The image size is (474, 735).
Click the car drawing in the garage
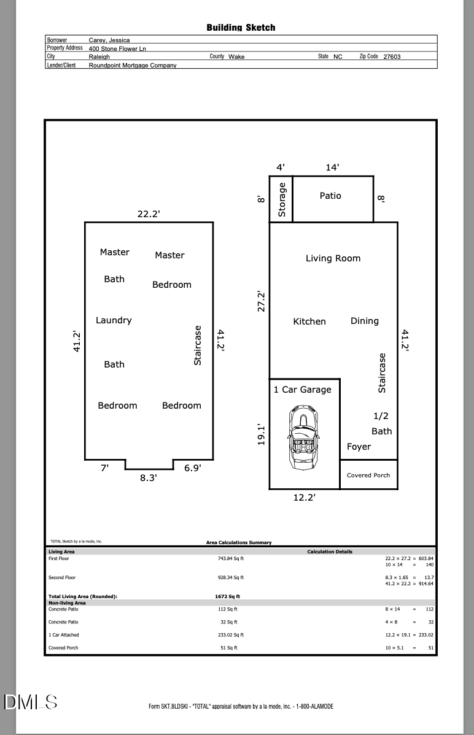coord(303,438)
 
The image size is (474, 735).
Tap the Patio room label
coord(330,196)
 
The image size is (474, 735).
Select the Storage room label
coord(282,199)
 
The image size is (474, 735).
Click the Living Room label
coord(333,258)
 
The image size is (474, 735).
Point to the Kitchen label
coord(309,321)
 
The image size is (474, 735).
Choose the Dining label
coord(365,321)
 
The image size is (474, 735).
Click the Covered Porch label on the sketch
coord(368,475)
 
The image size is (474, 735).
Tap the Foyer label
coord(359,447)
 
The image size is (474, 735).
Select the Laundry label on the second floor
coord(114,321)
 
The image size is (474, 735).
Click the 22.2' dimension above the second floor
coord(149,214)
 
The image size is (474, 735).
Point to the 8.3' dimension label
coord(149,478)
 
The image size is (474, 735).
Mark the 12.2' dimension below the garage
coord(304,498)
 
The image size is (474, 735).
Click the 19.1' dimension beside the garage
coord(262,434)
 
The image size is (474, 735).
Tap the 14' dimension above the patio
coord(332,167)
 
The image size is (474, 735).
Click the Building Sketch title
coord(241,28)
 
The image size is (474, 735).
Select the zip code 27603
coord(392,56)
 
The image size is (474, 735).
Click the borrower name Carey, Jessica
coord(109,40)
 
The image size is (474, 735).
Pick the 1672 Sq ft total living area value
coord(228,596)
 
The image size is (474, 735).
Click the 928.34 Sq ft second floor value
coord(231,577)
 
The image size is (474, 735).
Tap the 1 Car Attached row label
coord(64,634)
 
